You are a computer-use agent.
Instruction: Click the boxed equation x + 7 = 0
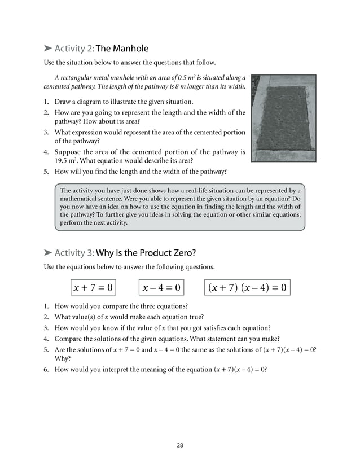[93, 288]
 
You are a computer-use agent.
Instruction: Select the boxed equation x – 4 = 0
[161, 288]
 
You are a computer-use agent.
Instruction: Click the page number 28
[179, 445]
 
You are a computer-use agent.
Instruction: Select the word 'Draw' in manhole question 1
[63, 102]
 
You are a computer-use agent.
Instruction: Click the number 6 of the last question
[46, 369]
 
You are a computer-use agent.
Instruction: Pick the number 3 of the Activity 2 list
[46, 132]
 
